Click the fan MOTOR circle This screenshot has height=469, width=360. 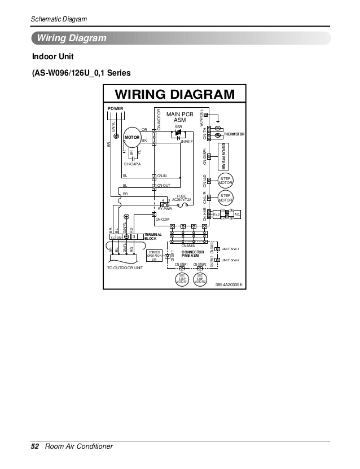pyautogui.click(x=132, y=137)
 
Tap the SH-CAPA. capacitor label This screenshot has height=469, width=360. pyautogui.click(x=132, y=164)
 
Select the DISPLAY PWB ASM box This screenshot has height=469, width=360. pyautogui.click(x=223, y=154)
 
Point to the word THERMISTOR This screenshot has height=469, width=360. pyautogui.click(x=234, y=134)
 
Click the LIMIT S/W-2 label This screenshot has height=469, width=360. pyautogui.click(x=231, y=260)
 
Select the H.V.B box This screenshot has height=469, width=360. pyautogui.click(x=217, y=214)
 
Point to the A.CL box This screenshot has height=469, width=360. pyautogui.click(x=237, y=214)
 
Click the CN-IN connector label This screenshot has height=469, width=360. pyautogui.click(x=161, y=176)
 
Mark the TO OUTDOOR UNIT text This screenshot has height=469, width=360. pyautogui.click(x=125, y=268)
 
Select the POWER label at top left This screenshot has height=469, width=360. pyautogui.click(x=115, y=108)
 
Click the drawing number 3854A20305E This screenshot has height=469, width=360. pyautogui.click(x=229, y=284)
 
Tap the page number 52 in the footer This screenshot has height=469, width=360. pyautogui.click(x=34, y=446)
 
